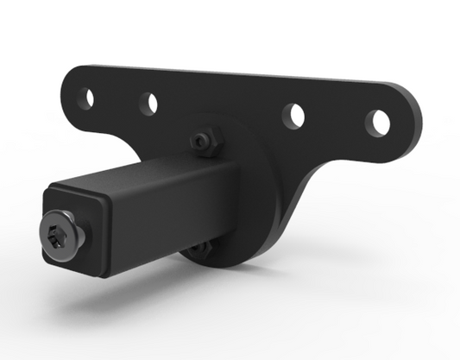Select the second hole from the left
pyautogui.click(x=151, y=103)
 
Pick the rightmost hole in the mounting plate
pyautogui.click(x=375, y=122)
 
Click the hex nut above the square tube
pyautogui.click(x=204, y=141)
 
